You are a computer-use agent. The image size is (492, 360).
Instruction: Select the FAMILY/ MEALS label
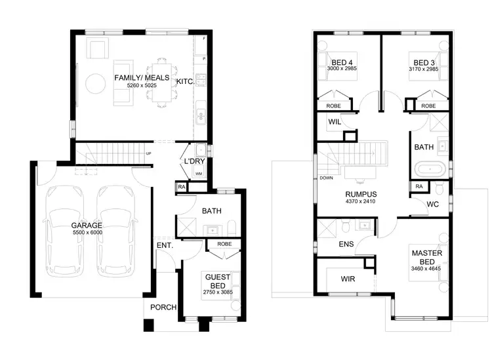pos(142,77)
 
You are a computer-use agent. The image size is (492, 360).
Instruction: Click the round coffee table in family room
pos(96,82)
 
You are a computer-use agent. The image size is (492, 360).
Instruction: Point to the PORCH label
pos(163,308)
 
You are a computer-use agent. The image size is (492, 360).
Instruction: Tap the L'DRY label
pos(195,161)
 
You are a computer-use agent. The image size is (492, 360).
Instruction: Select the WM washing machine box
pos(199,174)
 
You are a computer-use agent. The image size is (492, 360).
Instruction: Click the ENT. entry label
pos(163,246)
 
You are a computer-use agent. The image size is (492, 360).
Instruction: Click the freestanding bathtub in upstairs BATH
pos(430,169)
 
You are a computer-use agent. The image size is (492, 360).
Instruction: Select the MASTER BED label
pos(424,257)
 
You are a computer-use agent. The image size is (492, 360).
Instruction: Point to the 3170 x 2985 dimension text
pos(422,69)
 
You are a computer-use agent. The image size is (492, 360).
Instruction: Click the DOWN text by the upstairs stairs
pos(326,178)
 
